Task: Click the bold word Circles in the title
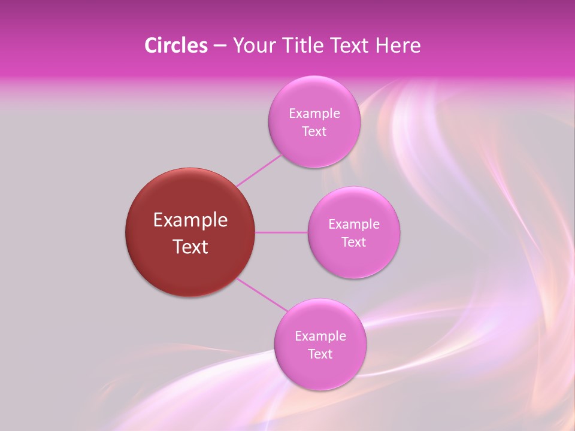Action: pos(175,45)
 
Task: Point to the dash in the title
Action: pos(220,46)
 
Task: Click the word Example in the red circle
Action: pos(190,220)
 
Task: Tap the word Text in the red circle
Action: pos(190,247)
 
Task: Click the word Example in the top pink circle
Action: pos(314,113)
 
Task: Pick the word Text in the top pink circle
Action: pos(314,131)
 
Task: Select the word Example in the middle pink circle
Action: pos(354,224)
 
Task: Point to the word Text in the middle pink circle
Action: pos(354,242)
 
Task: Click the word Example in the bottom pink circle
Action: pos(320,336)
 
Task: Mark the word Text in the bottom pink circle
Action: pos(320,354)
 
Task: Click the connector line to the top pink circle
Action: pos(259,171)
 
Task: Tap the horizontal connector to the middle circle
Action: pos(282,232)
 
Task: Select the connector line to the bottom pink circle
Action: pos(262,294)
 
